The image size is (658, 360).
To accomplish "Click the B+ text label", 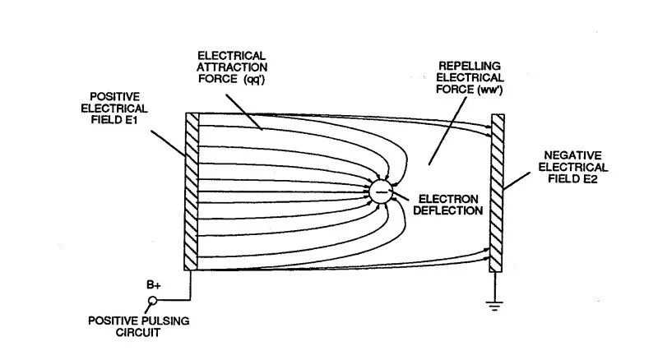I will coord(153,284).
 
